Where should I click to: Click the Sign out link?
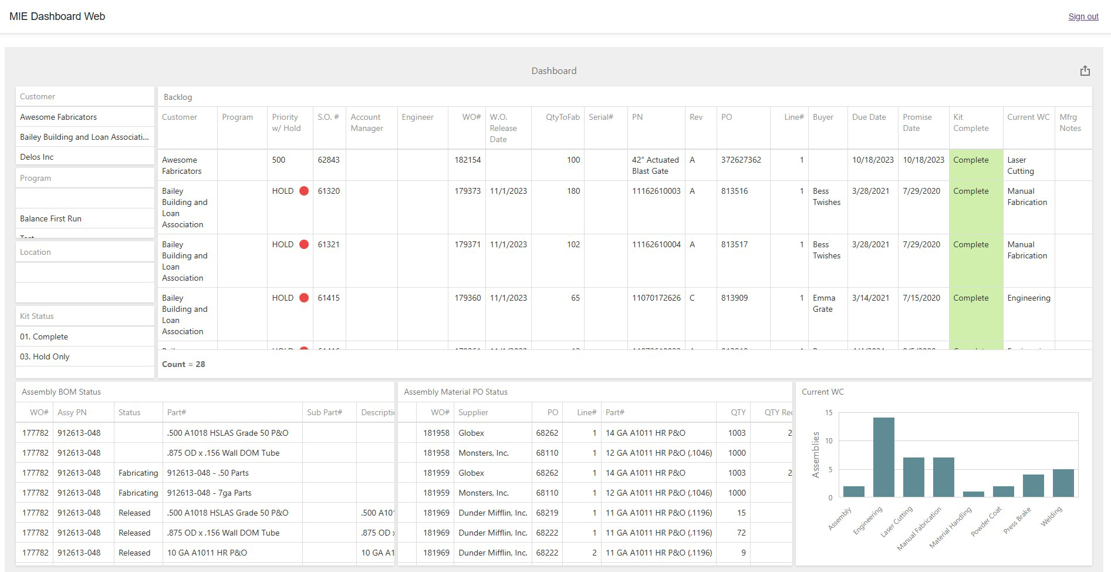(x=1083, y=16)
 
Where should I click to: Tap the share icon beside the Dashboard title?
(x=1085, y=70)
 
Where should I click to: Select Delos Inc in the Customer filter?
(x=37, y=157)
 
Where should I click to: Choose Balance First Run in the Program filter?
(x=51, y=218)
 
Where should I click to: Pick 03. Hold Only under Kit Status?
(x=45, y=356)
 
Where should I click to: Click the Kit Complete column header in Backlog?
(x=971, y=123)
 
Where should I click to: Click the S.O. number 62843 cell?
(x=329, y=160)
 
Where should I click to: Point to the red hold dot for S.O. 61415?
(x=304, y=298)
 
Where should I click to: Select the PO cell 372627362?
(x=741, y=160)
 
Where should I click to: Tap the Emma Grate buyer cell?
(x=823, y=303)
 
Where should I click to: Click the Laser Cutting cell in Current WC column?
(x=1021, y=165)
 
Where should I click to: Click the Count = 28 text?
(x=184, y=364)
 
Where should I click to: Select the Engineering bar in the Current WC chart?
(x=883, y=457)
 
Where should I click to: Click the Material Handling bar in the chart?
(x=974, y=494)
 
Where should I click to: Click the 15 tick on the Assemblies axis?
(x=829, y=413)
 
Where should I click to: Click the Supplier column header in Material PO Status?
(x=473, y=412)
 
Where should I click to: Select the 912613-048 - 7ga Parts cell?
(x=209, y=493)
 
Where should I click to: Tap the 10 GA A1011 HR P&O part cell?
(x=207, y=553)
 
